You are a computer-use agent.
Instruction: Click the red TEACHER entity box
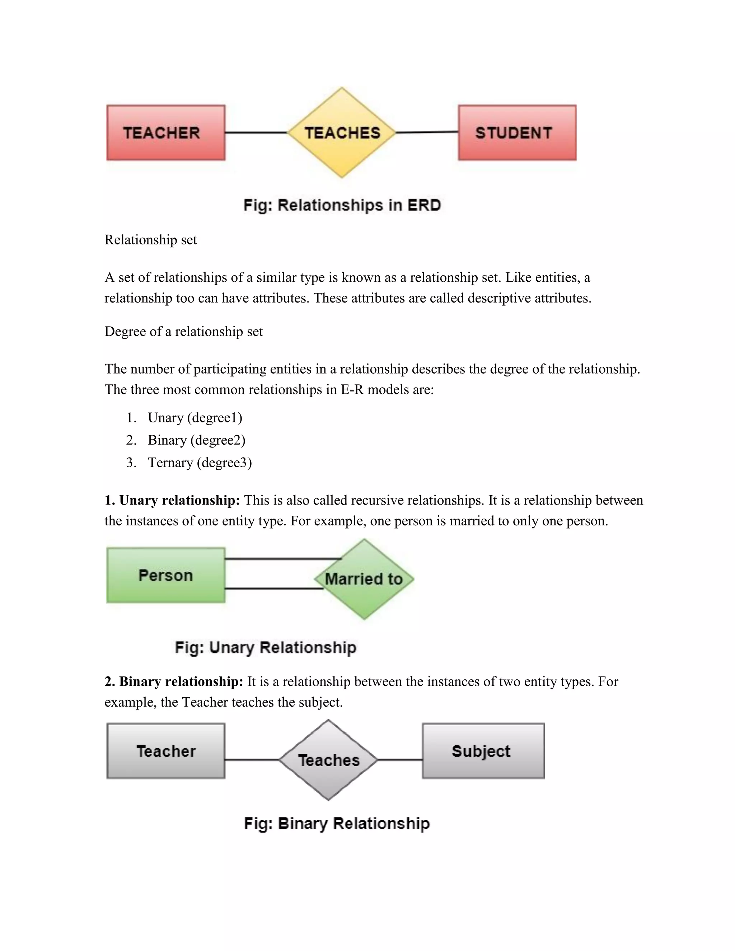coord(166,132)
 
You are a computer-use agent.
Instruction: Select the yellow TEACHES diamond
coord(342,132)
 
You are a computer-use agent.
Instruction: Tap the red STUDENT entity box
coord(517,132)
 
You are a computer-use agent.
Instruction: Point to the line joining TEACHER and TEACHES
coord(256,132)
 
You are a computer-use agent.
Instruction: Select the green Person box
coord(166,575)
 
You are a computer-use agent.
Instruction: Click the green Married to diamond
coord(364,579)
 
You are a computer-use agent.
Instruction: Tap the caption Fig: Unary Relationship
coord(266,647)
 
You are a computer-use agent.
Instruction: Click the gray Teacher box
coord(166,751)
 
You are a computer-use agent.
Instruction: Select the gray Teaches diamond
coord(328,760)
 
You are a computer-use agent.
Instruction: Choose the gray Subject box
coord(483,751)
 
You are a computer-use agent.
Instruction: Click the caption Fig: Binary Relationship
coord(337,823)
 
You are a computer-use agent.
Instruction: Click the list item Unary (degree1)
coord(195,418)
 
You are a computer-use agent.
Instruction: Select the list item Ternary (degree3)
coord(200,463)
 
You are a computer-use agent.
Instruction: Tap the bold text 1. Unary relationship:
coord(172,500)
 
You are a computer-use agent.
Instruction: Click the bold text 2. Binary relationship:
coord(174,681)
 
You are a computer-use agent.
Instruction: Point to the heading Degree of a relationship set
coord(183,331)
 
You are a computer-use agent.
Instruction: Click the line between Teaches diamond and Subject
coord(400,760)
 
